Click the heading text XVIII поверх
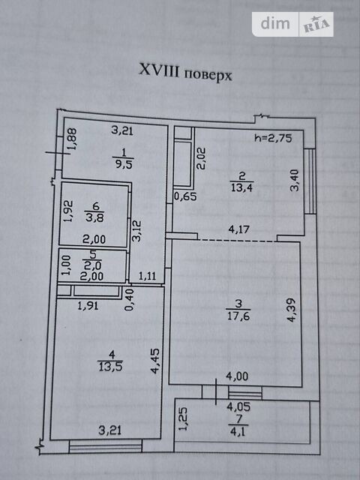pyautogui.click(x=185, y=72)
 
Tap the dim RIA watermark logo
pyautogui.click(x=292, y=24)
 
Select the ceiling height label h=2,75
pyautogui.click(x=273, y=138)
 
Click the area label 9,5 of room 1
pyautogui.click(x=123, y=165)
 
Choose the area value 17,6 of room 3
pyautogui.click(x=238, y=316)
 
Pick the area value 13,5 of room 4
pyautogui.click(x=110, y=366)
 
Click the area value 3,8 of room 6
pyautogui.click(x=95, y=218)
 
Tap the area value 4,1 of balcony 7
pyautogui.click(x=238, y=432)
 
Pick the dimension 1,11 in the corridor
pyautogui.click(x=148, y=277)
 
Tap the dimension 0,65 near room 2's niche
pyautogui.click(x=185, y=196)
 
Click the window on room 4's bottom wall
pyautogui.click(x=105, y=446)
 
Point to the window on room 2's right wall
pyautogui.click(x=311, y=181)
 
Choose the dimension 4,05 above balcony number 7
pyautogui.click(x=238, y=406)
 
